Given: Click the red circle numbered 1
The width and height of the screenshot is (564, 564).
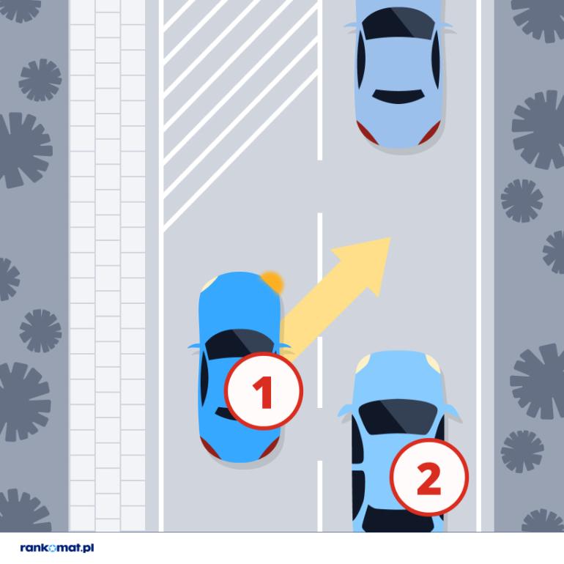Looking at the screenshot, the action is (x=264, y=391).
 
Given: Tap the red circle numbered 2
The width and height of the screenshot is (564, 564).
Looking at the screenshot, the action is (x=429, y=477).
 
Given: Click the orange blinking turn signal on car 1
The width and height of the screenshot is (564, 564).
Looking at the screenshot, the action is (x=272, y=282).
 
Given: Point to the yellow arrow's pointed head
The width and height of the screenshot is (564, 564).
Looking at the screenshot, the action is (x=391, y=238).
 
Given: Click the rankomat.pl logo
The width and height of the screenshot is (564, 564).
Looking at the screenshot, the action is (x=57, y=548).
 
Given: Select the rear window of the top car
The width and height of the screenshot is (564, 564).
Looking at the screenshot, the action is (x=398, y=96).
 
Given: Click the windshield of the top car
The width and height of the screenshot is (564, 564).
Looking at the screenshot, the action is (x=398, y=23).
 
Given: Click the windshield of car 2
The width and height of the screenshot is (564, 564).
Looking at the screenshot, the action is (x=398, y=416).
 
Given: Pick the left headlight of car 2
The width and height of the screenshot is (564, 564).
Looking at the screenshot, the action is (x=363, y=364).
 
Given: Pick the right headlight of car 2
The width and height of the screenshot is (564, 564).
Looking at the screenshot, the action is (x=433, y=364).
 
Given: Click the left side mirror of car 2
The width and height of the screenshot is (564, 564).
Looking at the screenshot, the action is (x=346, y=411).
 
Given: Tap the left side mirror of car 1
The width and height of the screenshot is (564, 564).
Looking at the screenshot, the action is (x=195, y=346).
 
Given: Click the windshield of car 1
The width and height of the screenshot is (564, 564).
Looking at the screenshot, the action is (x=240, y=344).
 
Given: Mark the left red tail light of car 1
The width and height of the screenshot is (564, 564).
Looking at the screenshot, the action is (x=209, y=448).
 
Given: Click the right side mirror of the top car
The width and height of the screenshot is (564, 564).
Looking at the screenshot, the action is (x=446, y=26).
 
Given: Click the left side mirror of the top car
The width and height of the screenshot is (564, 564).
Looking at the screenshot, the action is (x=352, y=26).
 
